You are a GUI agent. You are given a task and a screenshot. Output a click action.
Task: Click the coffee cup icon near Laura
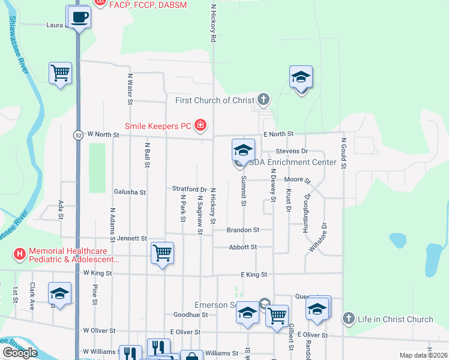click(80, 17)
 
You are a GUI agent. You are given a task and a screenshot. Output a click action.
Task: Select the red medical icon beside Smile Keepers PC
click(201, 125)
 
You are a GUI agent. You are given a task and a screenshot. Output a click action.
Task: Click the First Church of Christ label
click(215, 100)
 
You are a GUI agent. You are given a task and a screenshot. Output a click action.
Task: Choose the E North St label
click(277, 134)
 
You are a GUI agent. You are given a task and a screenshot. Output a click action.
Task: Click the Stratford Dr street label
click(189, 189)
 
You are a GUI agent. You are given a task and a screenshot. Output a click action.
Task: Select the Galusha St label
click(130, 193)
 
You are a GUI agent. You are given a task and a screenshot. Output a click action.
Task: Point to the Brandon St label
click(243, 230)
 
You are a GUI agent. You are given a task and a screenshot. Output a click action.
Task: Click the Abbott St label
click(243, 247)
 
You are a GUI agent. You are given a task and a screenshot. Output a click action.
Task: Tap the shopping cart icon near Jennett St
click(162, 253)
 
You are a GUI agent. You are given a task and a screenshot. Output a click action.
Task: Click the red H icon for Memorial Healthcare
click(20, 254)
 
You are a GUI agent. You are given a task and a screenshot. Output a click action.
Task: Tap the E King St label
click(253, 274)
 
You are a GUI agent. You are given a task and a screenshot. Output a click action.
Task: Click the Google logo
click(20, 353)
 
